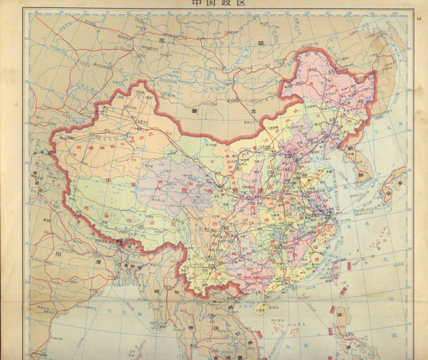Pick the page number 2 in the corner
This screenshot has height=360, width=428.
tap(418, 19)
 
